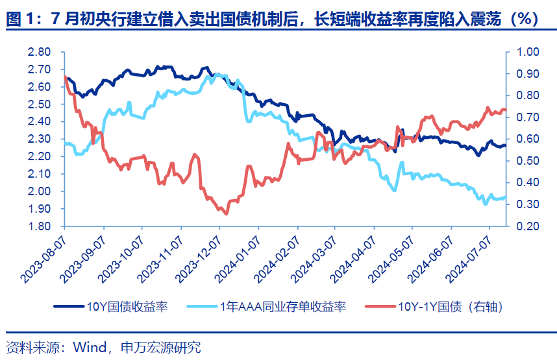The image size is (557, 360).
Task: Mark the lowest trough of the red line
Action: point(225,213)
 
